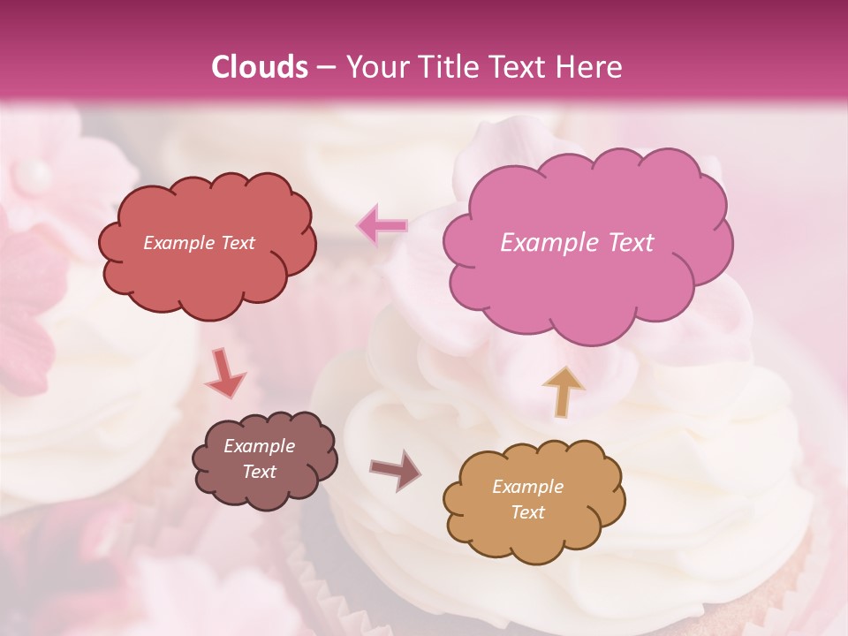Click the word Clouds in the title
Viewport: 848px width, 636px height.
coord(260,67)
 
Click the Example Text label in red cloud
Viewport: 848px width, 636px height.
coord(199,243)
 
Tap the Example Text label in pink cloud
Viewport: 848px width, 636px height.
coord(577,243)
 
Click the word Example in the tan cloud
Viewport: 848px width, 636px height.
coord(527,487)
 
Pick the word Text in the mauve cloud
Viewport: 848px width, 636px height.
coord(259,472)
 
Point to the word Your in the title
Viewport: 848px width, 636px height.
coord(372,67)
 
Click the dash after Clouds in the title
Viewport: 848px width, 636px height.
coord(325,67)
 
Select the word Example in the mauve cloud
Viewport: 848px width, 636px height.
coord(259,446)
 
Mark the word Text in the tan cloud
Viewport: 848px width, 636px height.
coord(527,512)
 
